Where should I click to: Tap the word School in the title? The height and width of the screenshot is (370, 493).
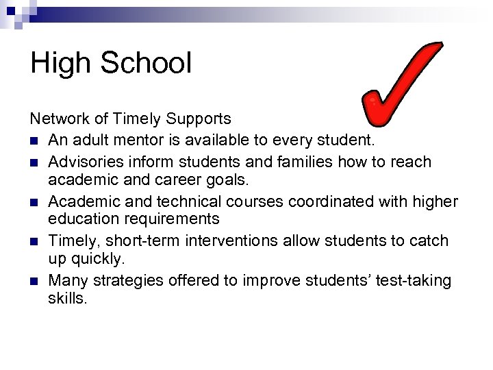(147, 64)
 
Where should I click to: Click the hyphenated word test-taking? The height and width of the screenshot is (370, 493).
(409, 281)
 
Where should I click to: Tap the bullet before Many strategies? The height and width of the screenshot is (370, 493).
(34, 281)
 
